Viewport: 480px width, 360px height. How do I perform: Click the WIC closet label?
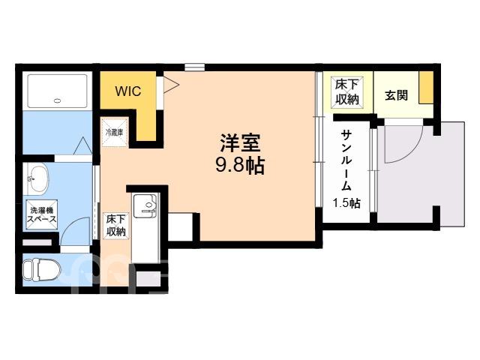click(128, 91)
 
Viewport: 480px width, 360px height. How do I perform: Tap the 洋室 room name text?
click(240, 142)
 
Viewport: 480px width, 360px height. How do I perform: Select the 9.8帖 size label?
click(240, 166)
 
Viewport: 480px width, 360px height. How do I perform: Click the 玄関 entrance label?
click(397, 95)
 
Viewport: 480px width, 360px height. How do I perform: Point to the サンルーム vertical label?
click(346, 160)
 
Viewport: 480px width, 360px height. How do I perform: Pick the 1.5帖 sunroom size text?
click(346, 203)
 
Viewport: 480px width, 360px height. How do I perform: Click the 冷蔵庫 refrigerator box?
click(115, 132)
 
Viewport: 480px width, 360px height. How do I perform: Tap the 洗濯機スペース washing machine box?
click(42, 214)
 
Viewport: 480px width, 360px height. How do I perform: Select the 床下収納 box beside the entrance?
click(347, 91)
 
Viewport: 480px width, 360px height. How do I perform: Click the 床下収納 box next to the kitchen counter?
click(116, 226)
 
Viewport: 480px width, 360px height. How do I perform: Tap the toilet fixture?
click(42, 270)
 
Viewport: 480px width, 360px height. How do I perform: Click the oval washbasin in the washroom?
click(38, 178)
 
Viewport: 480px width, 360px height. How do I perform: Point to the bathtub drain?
click(57, 100)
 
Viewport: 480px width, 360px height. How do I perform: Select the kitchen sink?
click(145, 205)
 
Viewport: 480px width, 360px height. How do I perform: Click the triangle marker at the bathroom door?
click(83, 146)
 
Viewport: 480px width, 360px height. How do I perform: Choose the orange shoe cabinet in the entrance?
click(426, 88)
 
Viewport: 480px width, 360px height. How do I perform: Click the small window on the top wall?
click(195, 67)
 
